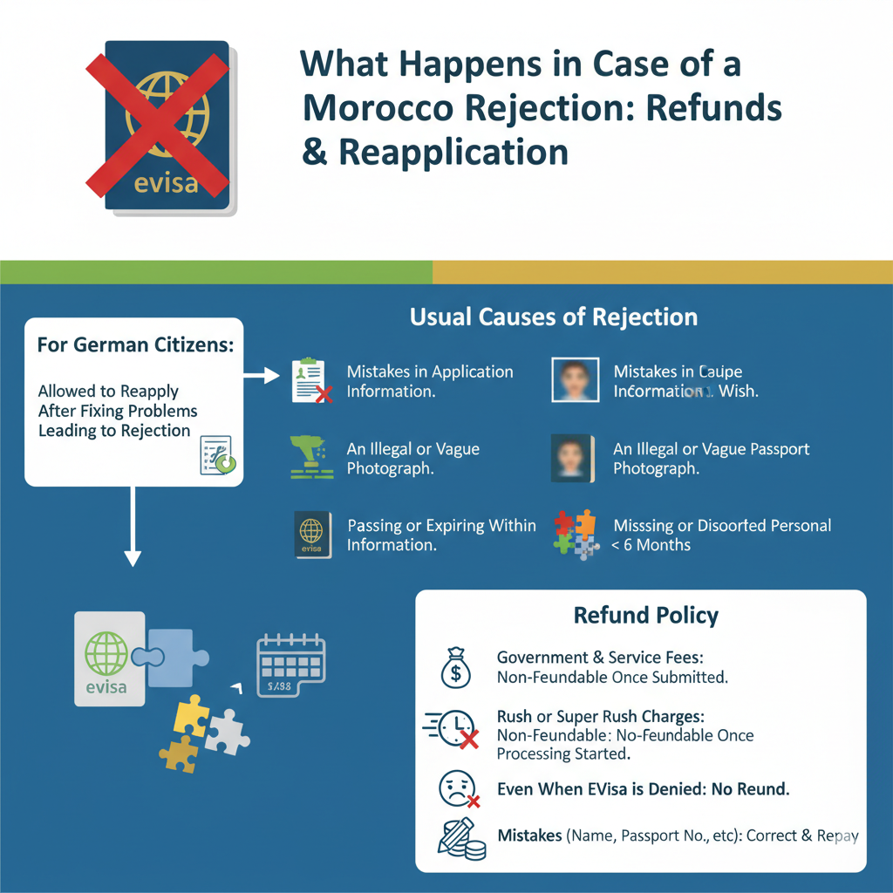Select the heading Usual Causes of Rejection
pyautogui.click(x=554, y=317)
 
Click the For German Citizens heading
pyautogui.click(x=135, y=344)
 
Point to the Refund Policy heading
pyautogui.click(x=645, y=616)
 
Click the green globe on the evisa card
pyautogui.click(x=106, y=653)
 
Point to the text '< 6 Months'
pyautogui.click(x=651, y=545)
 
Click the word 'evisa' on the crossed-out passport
pyautogui.click(x=167, y=184)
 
